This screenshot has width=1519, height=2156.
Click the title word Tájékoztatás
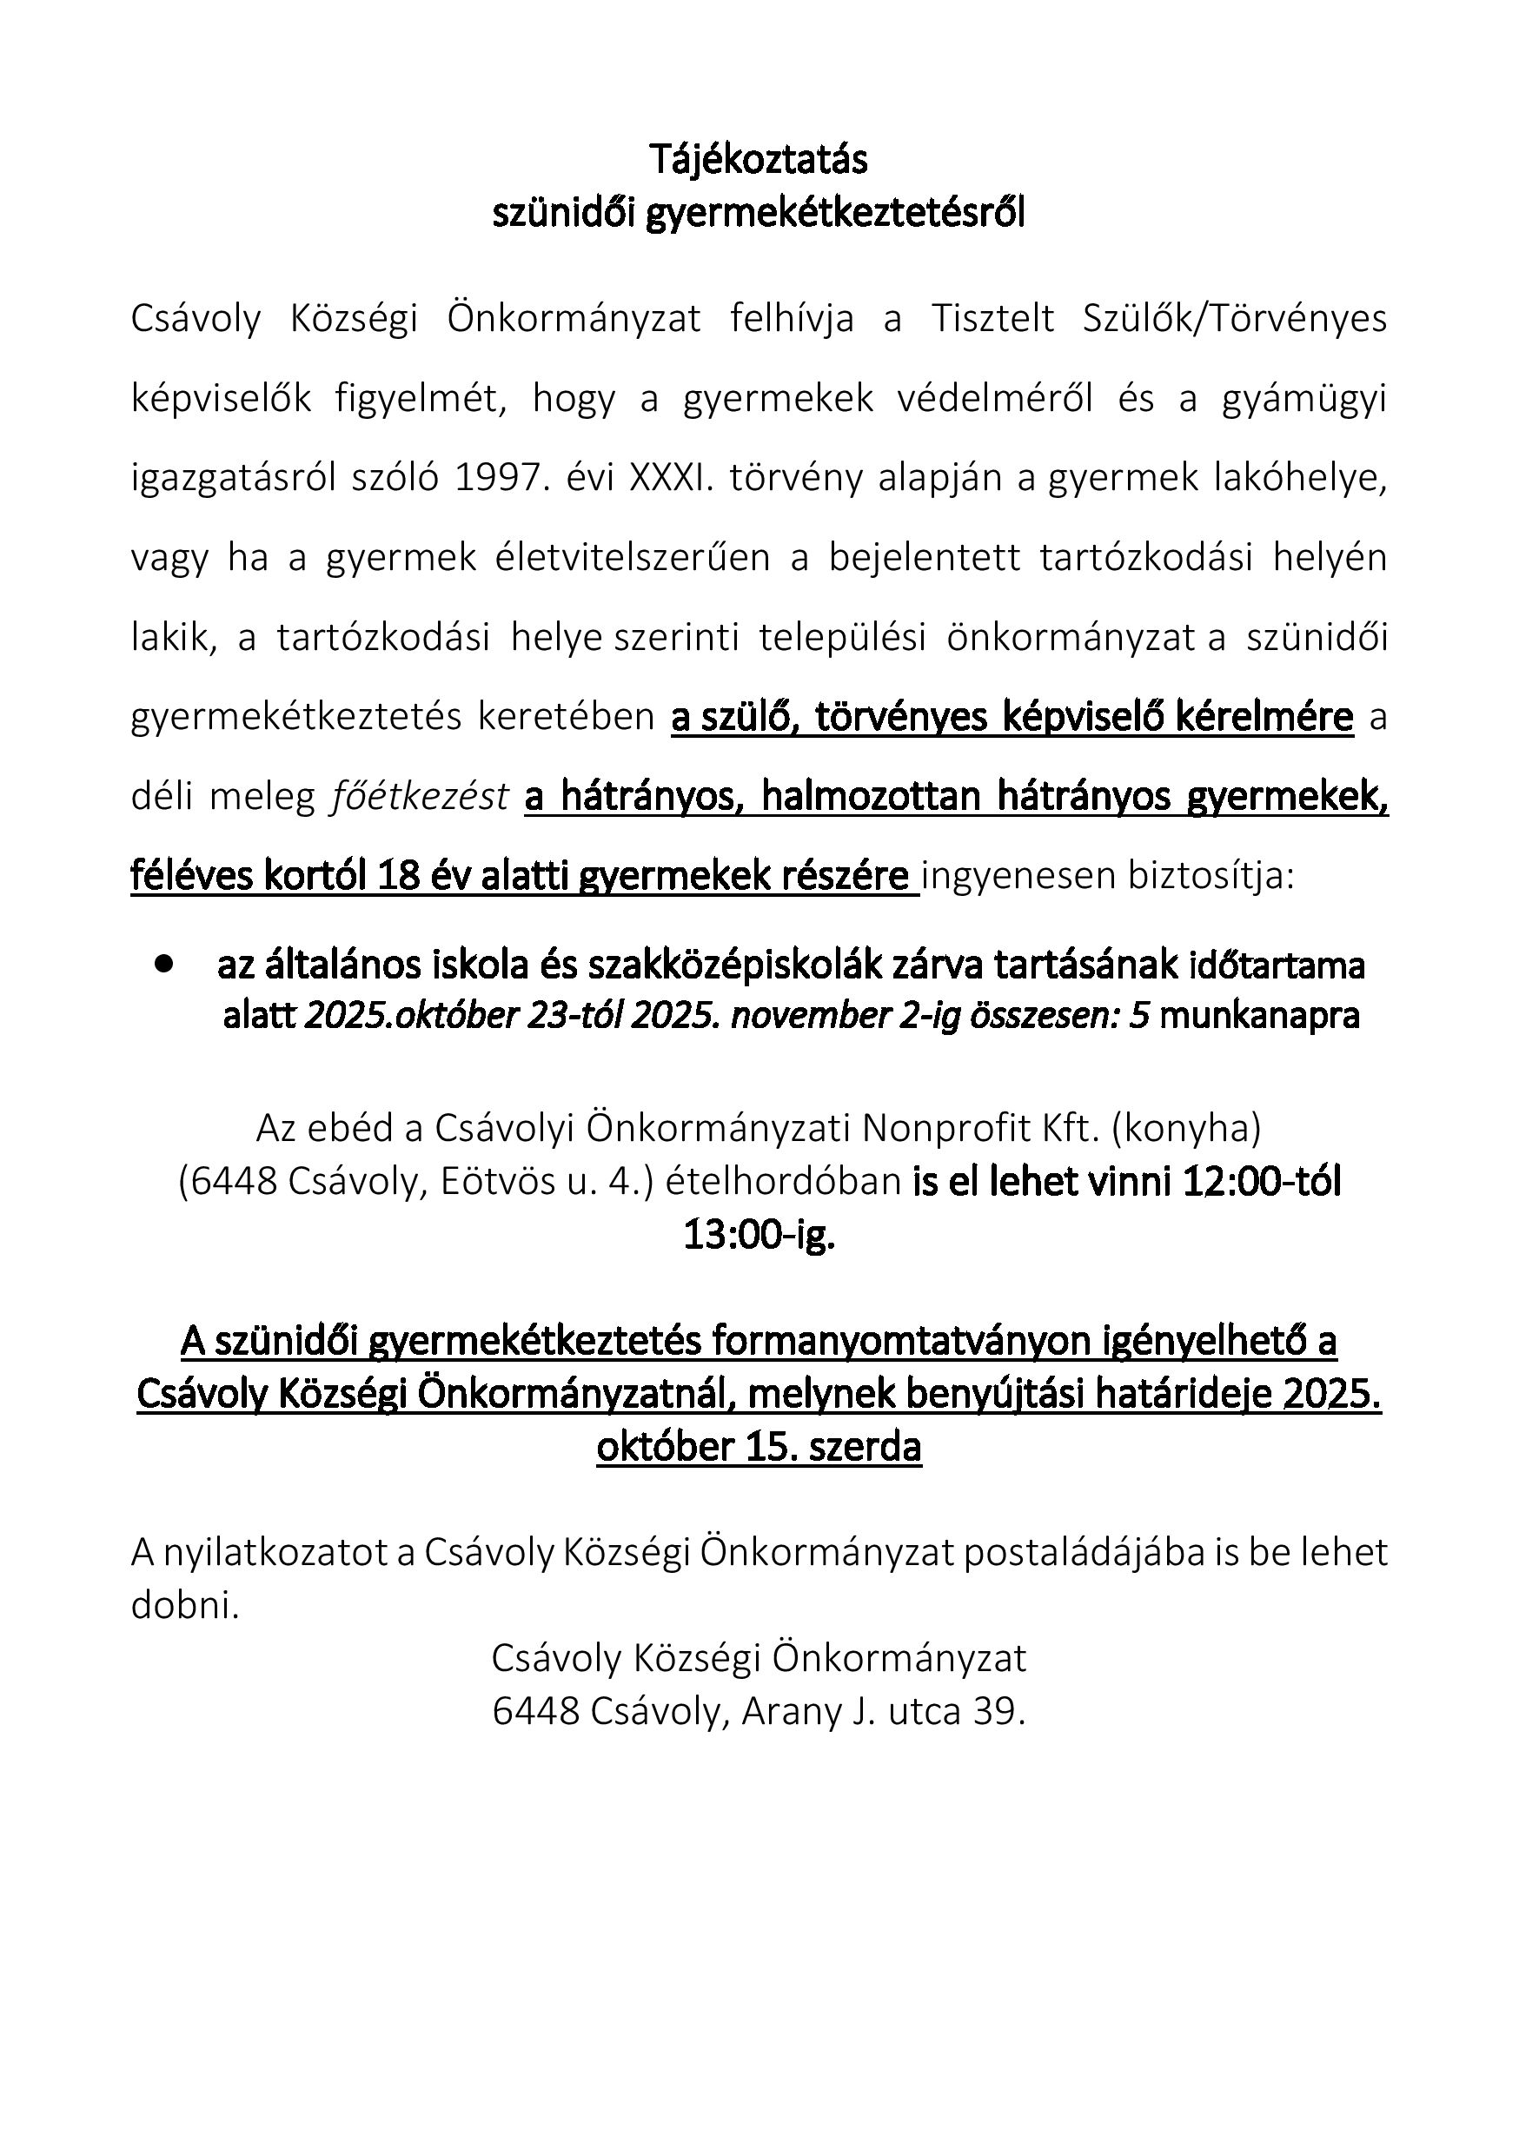coord(759,160)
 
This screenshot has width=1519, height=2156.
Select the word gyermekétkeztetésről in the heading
coord(837,214)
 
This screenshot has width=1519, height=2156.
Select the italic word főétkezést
coord(420,797)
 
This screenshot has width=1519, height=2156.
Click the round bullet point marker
coord(166,963)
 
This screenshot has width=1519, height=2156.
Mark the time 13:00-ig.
coord(759,1235)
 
